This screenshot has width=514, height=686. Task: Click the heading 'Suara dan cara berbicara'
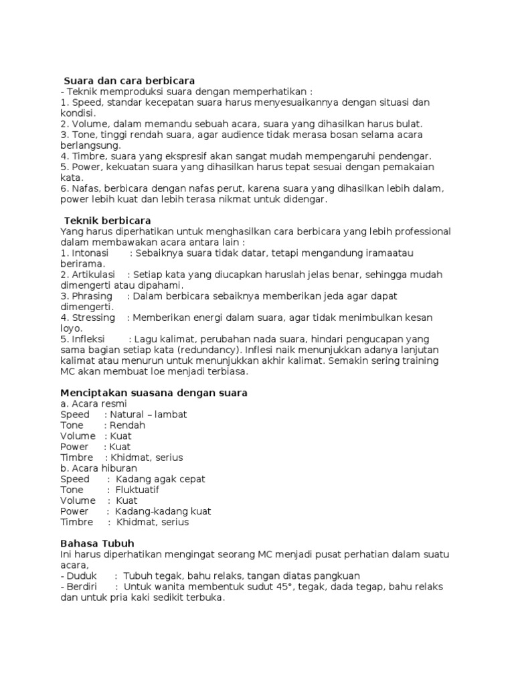129,80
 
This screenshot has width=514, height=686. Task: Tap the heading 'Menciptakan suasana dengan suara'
154,393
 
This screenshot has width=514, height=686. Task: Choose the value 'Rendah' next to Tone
127,425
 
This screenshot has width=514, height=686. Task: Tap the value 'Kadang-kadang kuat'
163,511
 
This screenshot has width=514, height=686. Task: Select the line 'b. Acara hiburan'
98,468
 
